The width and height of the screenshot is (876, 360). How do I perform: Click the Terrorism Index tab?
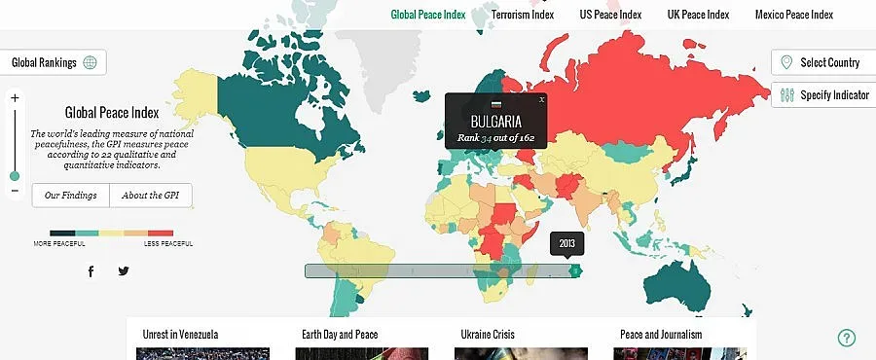pos(523,15)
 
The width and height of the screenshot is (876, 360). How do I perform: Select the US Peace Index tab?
pos(610,15)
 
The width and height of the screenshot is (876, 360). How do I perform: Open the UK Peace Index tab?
pos(698,15)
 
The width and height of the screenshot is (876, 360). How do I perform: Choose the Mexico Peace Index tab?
pos(793,15)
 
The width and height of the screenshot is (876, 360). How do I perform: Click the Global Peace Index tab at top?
pos(428,15)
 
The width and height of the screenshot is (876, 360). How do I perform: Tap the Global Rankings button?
pos(54,63)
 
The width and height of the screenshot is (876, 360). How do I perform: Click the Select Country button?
pos(822,63)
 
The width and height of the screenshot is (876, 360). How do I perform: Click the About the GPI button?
pos(151,196)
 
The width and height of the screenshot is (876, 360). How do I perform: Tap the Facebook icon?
pos(91,271)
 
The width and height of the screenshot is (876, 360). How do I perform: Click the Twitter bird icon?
pos(124,271)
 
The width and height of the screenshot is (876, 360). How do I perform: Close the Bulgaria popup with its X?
pos(542,99)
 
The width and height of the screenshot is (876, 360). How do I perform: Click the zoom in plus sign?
pos(15,98)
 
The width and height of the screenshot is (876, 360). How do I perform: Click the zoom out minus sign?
pos(15,190)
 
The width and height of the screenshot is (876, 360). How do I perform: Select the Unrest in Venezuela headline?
pos(180,335)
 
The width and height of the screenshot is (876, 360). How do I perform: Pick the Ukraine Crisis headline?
pos(489,335)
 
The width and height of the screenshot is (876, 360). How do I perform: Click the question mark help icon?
pos(847,338)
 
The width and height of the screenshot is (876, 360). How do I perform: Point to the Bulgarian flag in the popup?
pos(496,103)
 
